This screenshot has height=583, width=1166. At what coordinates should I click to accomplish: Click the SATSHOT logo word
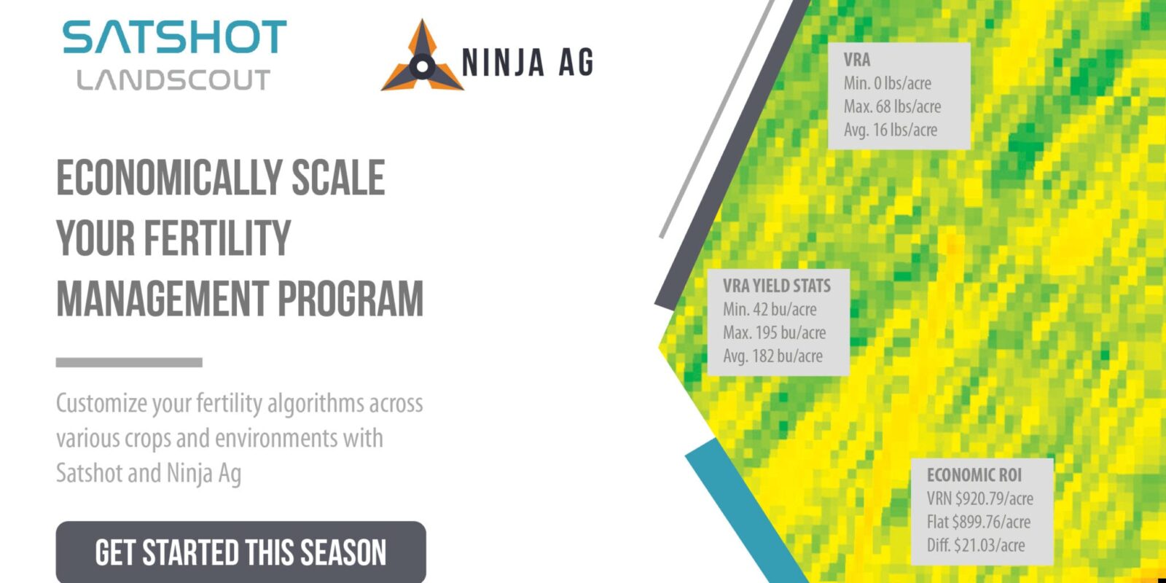[175, 38]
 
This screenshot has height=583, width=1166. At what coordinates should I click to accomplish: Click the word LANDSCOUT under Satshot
[173, 80]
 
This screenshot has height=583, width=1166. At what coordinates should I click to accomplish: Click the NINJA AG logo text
[528, 63]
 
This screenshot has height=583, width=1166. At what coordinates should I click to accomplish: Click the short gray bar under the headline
[129, 362]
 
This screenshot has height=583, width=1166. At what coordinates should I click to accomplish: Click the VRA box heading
[857, 60]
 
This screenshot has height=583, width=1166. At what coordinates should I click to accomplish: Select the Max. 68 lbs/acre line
[892, 106]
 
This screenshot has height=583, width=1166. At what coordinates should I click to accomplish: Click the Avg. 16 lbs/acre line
[891, 130]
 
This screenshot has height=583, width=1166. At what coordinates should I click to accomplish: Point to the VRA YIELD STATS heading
[777, 286]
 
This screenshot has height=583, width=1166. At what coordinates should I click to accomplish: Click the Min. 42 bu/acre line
[770, 309]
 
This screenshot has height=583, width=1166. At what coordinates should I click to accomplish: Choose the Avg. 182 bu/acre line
[772, 356]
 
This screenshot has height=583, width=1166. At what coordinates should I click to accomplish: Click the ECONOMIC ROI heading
[974, 475]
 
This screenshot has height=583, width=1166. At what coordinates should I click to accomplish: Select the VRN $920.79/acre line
[980, 498]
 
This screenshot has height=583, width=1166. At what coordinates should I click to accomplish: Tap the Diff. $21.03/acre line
[976, 545]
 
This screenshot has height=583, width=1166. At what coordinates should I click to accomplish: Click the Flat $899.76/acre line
[979, 522]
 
